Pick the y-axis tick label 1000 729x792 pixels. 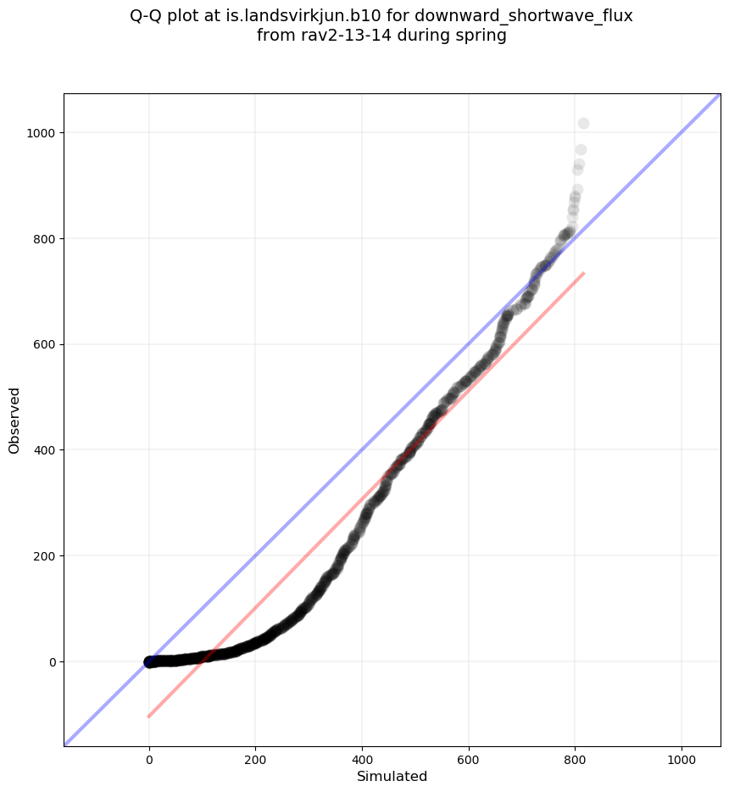pyautogui.click(x=42, y=133)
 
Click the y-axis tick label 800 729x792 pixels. pyautogui.click(x=46, y=239)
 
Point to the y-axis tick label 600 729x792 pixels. pyautogui.click(x=46, y=344)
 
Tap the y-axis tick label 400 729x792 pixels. pyautogui.click(x=46, y=450)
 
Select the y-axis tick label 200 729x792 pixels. pyautogui.click(x=46, y=556)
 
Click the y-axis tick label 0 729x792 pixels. pyautogui.click(x=52, y=661)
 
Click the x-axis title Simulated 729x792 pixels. pyautogui.click(x=392, y=776)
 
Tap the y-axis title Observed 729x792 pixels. pyautogui.click(x=14, y=420)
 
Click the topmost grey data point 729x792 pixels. pyautogui.click(x=583, y=124)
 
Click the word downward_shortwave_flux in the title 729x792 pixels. pyautogui.click(x=524, y=16)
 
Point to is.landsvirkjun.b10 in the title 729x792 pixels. pyautogui.click(x=312, y=16)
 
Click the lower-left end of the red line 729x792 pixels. pyautogui.click(x=149, y=717)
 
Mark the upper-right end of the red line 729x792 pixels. pyautogui.click(x=583, y=273)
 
